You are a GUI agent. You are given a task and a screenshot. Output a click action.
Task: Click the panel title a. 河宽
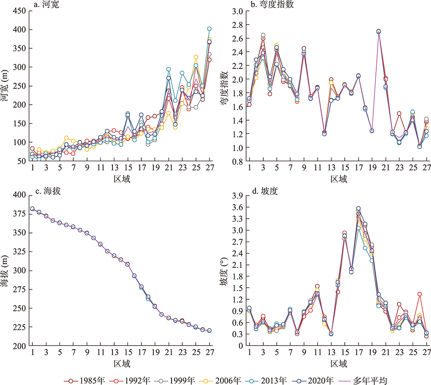tap(47, 5)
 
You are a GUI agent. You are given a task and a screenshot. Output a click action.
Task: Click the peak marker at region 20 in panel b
tap(378, 31)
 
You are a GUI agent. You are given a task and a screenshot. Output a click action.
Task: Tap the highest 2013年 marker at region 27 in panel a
tap(209, 29)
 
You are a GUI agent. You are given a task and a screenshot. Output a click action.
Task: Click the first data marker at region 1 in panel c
tap(32, 209)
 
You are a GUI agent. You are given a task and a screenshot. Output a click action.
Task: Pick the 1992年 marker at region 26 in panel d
tap(419, 294)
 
